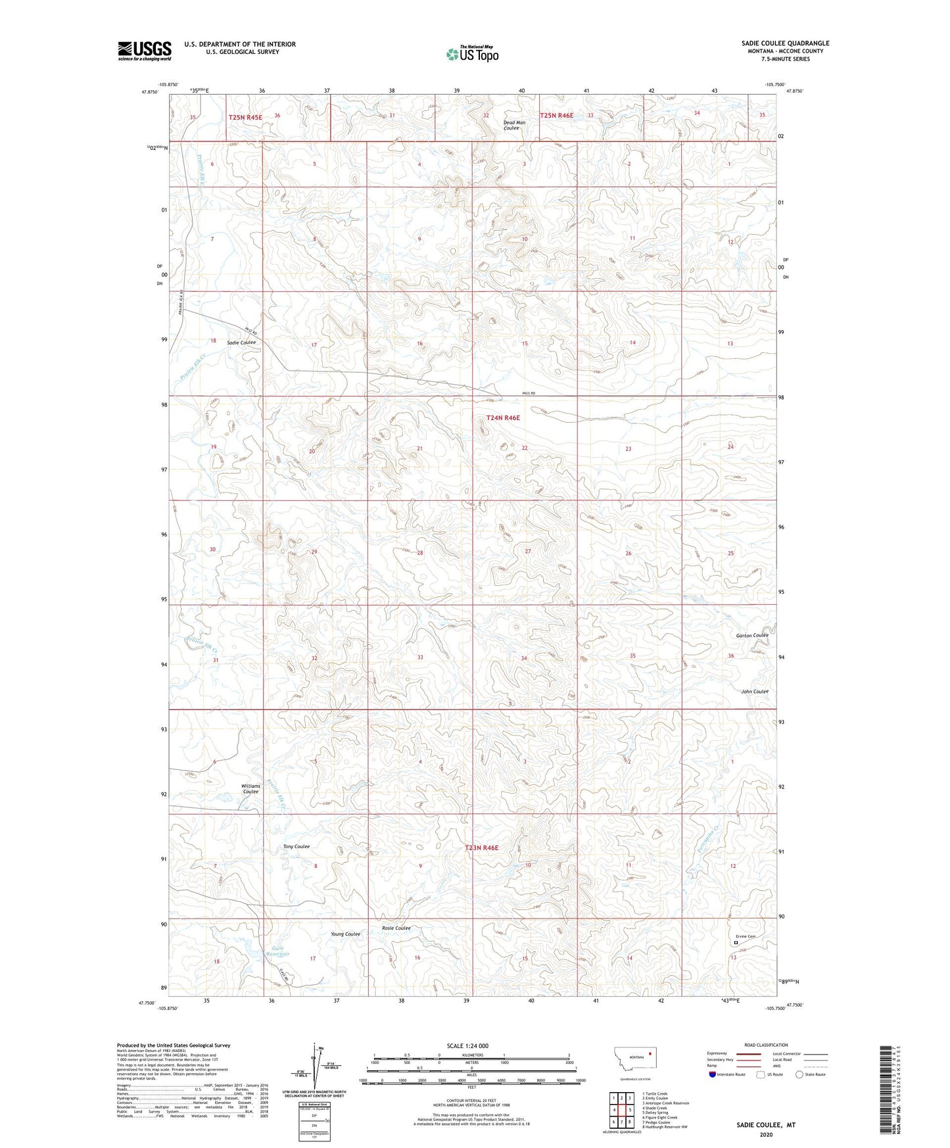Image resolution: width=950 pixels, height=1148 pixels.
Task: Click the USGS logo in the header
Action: [x=145, y=51]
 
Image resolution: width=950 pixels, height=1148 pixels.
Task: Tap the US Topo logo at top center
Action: [x=472, y=54]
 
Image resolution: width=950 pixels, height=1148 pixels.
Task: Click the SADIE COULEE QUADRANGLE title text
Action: [x=785, y=43]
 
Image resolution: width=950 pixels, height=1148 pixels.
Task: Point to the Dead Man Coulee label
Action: [x=514, y=125]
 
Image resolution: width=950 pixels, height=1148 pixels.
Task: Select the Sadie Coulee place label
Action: [x=241, y=343]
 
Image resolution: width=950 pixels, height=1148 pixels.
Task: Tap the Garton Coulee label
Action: [x=751, y=635]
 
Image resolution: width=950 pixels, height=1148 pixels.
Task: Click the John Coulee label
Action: [x=755, y=691]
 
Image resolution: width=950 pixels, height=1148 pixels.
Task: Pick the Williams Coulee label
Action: [x=250, y=788]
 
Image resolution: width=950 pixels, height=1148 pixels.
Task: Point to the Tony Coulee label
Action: [x=296, y=846]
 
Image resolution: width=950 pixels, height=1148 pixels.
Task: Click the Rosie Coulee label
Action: [x=396, y=928]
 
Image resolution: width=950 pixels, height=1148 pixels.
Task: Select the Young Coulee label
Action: [x=345, y=934]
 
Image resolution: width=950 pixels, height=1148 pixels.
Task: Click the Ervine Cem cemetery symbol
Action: [x=735, y=942]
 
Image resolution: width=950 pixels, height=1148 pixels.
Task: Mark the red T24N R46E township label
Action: [x=503, y=418]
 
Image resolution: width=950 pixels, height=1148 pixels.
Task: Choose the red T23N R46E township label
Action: [x=481, y=848]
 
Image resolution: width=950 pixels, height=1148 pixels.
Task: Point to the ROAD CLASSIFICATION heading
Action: [x=766, y=1045]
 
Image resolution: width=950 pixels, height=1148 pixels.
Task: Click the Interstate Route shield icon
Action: [x=713, y=1074]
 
